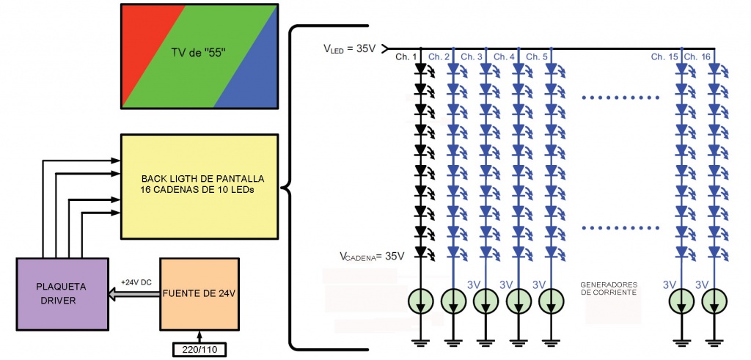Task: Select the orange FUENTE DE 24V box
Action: tap(199, 294)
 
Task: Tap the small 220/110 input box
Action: tap(199, 349)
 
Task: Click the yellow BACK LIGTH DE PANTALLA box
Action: tap(199, 185)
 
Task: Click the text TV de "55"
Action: tap(199, 54)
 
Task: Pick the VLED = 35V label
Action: tap(349, 49)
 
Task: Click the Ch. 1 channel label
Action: tap(406, 56)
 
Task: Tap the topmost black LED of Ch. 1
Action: tap(420, 70)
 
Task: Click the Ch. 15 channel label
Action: tap(664, 56)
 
